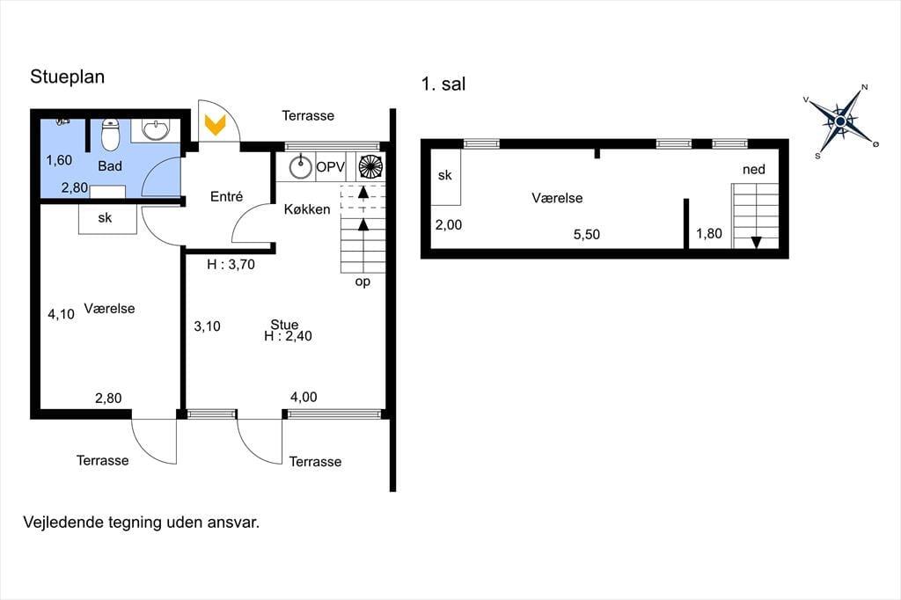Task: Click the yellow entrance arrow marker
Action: (x=215, y=124)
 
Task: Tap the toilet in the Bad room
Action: (x=110, y=134)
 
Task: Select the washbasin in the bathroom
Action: (x=155, y=130)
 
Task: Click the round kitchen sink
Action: (x=300, y=167)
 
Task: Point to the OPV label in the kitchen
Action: (x=331, y=167)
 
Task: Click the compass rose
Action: (x=840, y=121)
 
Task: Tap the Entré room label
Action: (x=226, y=196)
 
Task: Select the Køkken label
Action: (x=307, y=209)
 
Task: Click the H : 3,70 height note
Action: (x=231, y=264)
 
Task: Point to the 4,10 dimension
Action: (x=61, y=314)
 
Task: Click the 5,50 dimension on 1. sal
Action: (x=587, y=235)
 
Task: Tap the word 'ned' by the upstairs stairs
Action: (x=754, y=170)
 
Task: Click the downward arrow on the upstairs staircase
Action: (x=756, y=242)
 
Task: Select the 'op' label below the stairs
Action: (x=363, y=282)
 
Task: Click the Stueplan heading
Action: (x=67, y=77)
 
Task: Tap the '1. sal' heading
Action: (x=443, y=84)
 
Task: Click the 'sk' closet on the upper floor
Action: (x=445, y=176)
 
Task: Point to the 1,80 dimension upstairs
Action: (x=709, y=233)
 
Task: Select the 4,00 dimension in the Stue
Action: (x=304, y=397)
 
